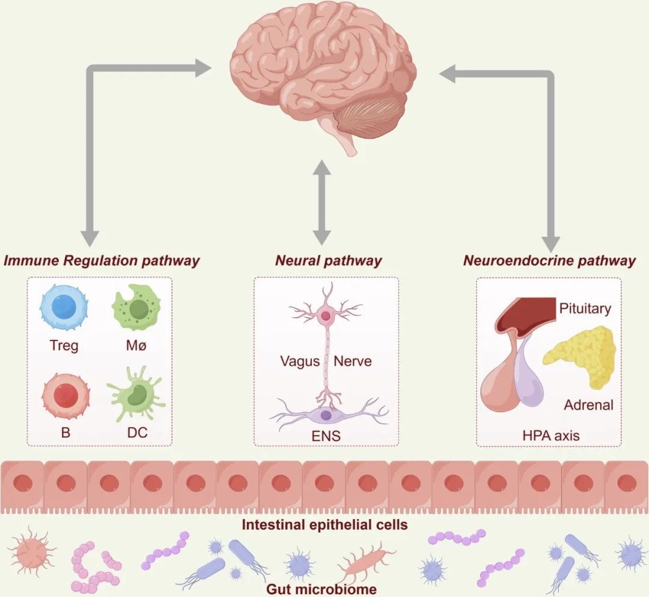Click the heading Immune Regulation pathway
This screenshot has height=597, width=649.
(102, 261)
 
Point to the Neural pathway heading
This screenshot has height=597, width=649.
(328, 261)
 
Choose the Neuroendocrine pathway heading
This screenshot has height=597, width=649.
(549, 261)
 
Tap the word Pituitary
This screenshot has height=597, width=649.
(585, 309)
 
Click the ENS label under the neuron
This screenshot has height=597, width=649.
(327, 436)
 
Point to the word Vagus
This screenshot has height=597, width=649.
(299, 362)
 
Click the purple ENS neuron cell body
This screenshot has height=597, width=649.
(325, 414)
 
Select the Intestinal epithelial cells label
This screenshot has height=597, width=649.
(324, 525)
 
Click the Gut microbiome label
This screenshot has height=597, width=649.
(321, 589)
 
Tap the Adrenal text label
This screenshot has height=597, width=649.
(588, 405)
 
